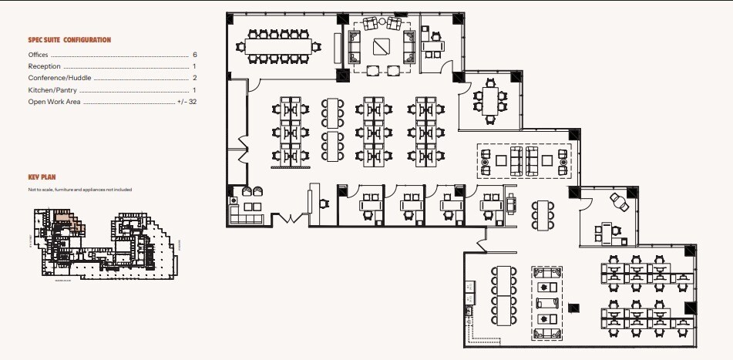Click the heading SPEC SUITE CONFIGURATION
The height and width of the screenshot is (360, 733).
(69, 39)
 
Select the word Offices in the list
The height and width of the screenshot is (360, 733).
(38, 56)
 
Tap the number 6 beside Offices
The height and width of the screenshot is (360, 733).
(195, 56)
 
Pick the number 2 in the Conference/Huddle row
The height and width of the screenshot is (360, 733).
(195, 78)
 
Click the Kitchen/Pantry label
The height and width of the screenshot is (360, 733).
(52, 90)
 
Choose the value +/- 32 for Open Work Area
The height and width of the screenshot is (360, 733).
(187, 102)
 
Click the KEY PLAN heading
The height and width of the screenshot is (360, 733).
(43, 177)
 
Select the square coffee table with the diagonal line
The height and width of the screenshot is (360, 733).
(382, 46)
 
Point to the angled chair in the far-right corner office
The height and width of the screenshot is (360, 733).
(618, 200)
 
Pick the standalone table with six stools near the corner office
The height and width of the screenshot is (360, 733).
(542, 213)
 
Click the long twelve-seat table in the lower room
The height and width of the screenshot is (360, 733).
(505, 295)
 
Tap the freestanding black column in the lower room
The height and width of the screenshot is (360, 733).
(573, 308)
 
